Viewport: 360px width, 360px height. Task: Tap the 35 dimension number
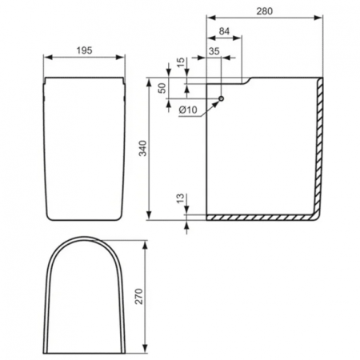pos(214,50)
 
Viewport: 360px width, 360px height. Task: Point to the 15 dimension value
pos(181,61)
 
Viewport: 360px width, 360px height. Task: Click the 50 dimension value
pos(162,88)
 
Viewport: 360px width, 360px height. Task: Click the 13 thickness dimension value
pos(181,198)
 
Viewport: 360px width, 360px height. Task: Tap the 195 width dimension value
pos(86,50)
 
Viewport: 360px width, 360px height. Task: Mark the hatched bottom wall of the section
pos(260,218)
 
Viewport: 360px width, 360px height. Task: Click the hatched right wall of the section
pos(321,144)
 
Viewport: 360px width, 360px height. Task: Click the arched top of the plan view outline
pos(86,239)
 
